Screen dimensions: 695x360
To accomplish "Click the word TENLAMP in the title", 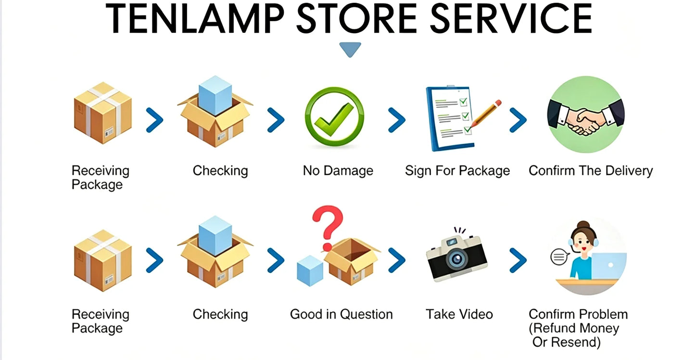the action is (x=195, y=19).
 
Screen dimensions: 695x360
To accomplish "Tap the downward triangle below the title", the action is (x=350, y=49).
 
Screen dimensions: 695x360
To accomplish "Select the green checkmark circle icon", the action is (x=334, y=116).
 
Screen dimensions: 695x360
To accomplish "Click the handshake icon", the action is (x=586, y=115).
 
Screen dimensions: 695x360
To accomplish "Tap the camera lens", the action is (x=457, y=258).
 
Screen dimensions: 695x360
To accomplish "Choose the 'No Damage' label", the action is (x=338, y=171).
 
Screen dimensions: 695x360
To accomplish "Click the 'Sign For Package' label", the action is (x=457, y=171).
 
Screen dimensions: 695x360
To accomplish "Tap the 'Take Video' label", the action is (x=459, y=314).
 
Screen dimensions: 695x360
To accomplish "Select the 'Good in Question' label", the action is (x=341, y=314).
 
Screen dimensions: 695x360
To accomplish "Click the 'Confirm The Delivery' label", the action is (x=591, y=171).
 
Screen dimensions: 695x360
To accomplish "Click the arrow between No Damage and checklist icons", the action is (x=397, y=120).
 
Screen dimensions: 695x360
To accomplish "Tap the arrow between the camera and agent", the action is (x=518, y=260).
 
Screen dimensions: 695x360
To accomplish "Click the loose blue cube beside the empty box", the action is (x=310, y=270).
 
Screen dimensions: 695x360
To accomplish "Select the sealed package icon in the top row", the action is (x=103, y=113).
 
